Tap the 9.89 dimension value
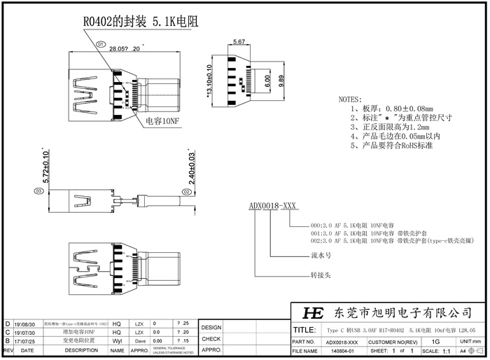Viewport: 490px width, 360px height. (281, 81)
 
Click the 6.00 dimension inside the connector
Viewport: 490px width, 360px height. (267, 81)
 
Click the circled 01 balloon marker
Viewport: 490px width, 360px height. (100, 43)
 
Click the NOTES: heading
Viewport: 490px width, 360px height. (350, 100)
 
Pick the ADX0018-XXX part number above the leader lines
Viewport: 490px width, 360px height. (273, 207)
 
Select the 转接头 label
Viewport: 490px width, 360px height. (320, 275)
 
